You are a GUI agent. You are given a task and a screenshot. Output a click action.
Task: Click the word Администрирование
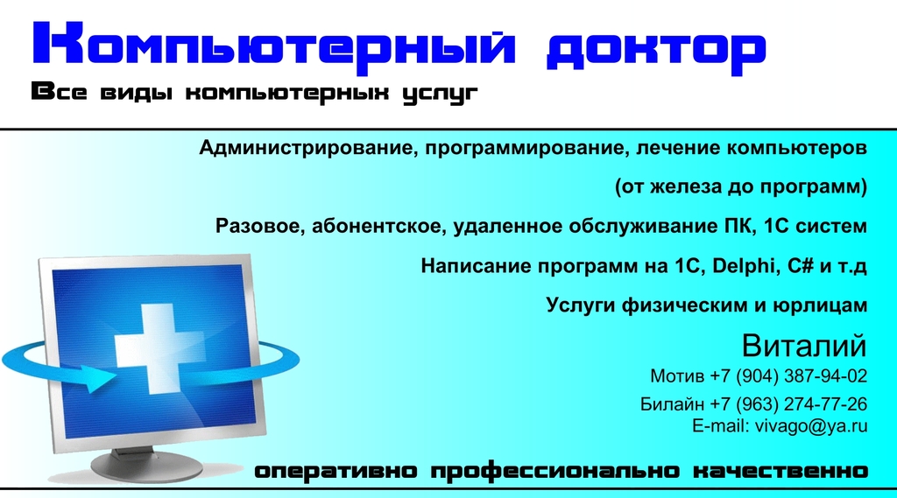(304, 148)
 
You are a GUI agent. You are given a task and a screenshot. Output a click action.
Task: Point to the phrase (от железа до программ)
(741, 187)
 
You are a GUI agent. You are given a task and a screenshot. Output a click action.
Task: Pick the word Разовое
(260, 227)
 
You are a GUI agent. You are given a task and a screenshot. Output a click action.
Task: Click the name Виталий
(804, 346)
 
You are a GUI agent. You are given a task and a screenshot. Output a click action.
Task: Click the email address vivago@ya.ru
(811, 426)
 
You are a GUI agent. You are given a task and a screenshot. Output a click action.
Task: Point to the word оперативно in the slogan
(335, 472)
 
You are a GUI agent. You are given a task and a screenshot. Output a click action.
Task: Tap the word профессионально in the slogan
(554, 472)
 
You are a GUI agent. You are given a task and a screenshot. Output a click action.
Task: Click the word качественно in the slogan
(780, 471)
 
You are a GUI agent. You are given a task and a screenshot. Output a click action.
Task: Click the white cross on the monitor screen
(152, 348)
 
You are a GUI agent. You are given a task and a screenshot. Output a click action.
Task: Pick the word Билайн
(672, 404)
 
